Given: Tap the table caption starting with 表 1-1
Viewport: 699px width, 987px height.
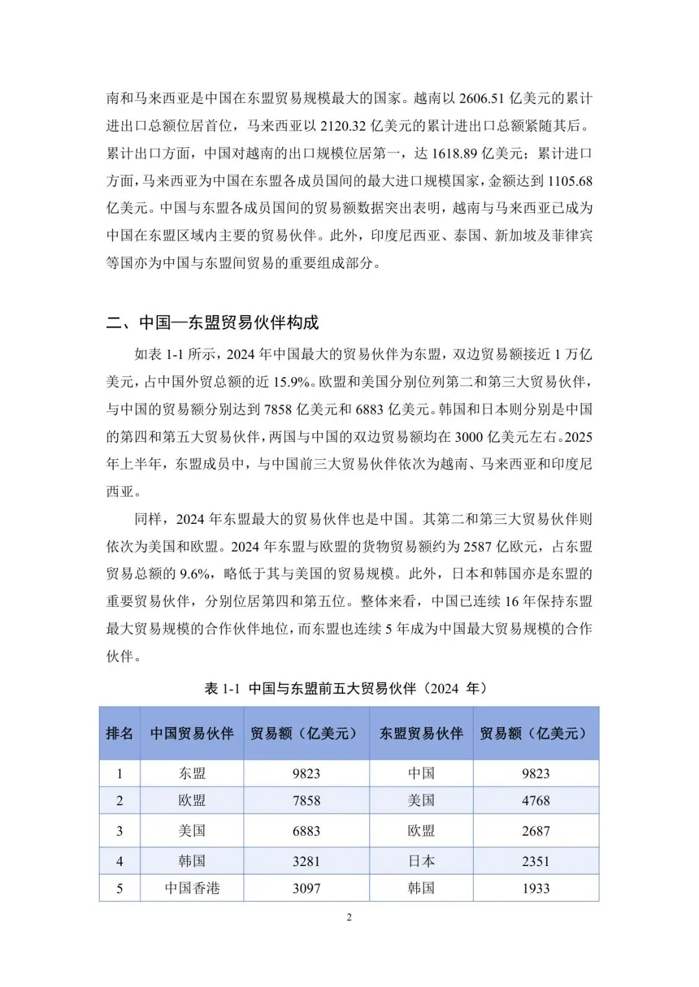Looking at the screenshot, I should click(x=348, y=688).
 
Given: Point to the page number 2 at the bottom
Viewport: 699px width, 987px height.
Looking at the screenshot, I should click(x=349, y=917).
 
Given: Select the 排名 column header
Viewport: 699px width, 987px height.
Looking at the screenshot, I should click(x=120, y=733).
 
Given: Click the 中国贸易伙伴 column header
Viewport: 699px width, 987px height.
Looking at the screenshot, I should click(x=192, y=733).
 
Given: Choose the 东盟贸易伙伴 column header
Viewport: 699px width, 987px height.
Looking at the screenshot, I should click(x=421, y=733).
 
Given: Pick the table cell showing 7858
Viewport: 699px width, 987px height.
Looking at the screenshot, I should click(x=306, y=801).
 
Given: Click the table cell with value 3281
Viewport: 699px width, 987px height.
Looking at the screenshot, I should click(x=306, y=862).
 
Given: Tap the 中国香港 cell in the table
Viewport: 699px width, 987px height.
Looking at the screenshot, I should click(x=192, y=889).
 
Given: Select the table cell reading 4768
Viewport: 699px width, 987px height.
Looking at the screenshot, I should click(x=536, y=801).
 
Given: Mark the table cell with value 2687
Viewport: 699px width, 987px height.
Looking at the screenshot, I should click(x=536, y=831).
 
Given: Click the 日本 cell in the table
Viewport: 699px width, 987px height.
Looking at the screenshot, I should click(x=421, y=862).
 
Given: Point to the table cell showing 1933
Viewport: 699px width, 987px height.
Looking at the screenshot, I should click(x=536, y=889).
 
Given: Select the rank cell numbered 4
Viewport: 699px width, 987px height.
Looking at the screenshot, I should click(x=120, y=862).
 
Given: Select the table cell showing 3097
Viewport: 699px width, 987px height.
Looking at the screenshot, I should click(x=306, y=889).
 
